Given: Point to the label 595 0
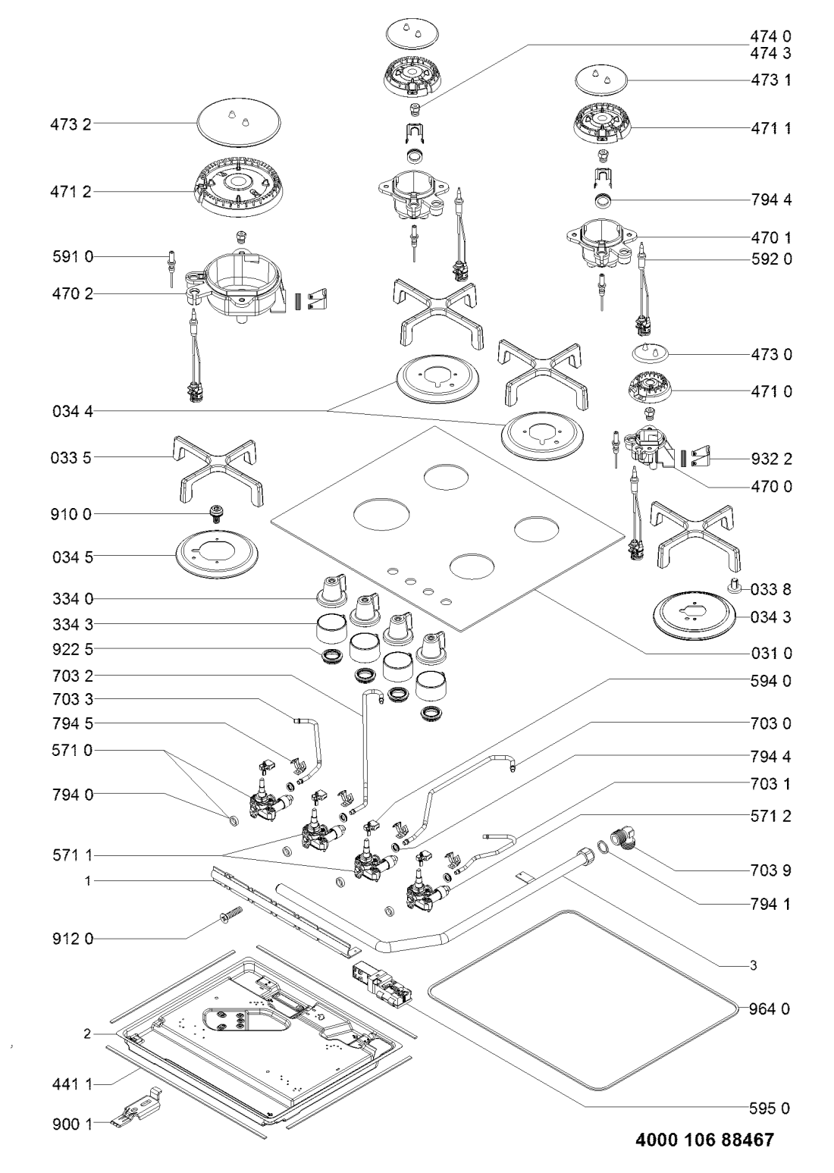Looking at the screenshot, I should point(771,1109).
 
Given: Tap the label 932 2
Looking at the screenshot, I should point(771,459).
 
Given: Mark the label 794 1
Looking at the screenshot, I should point(771,903).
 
